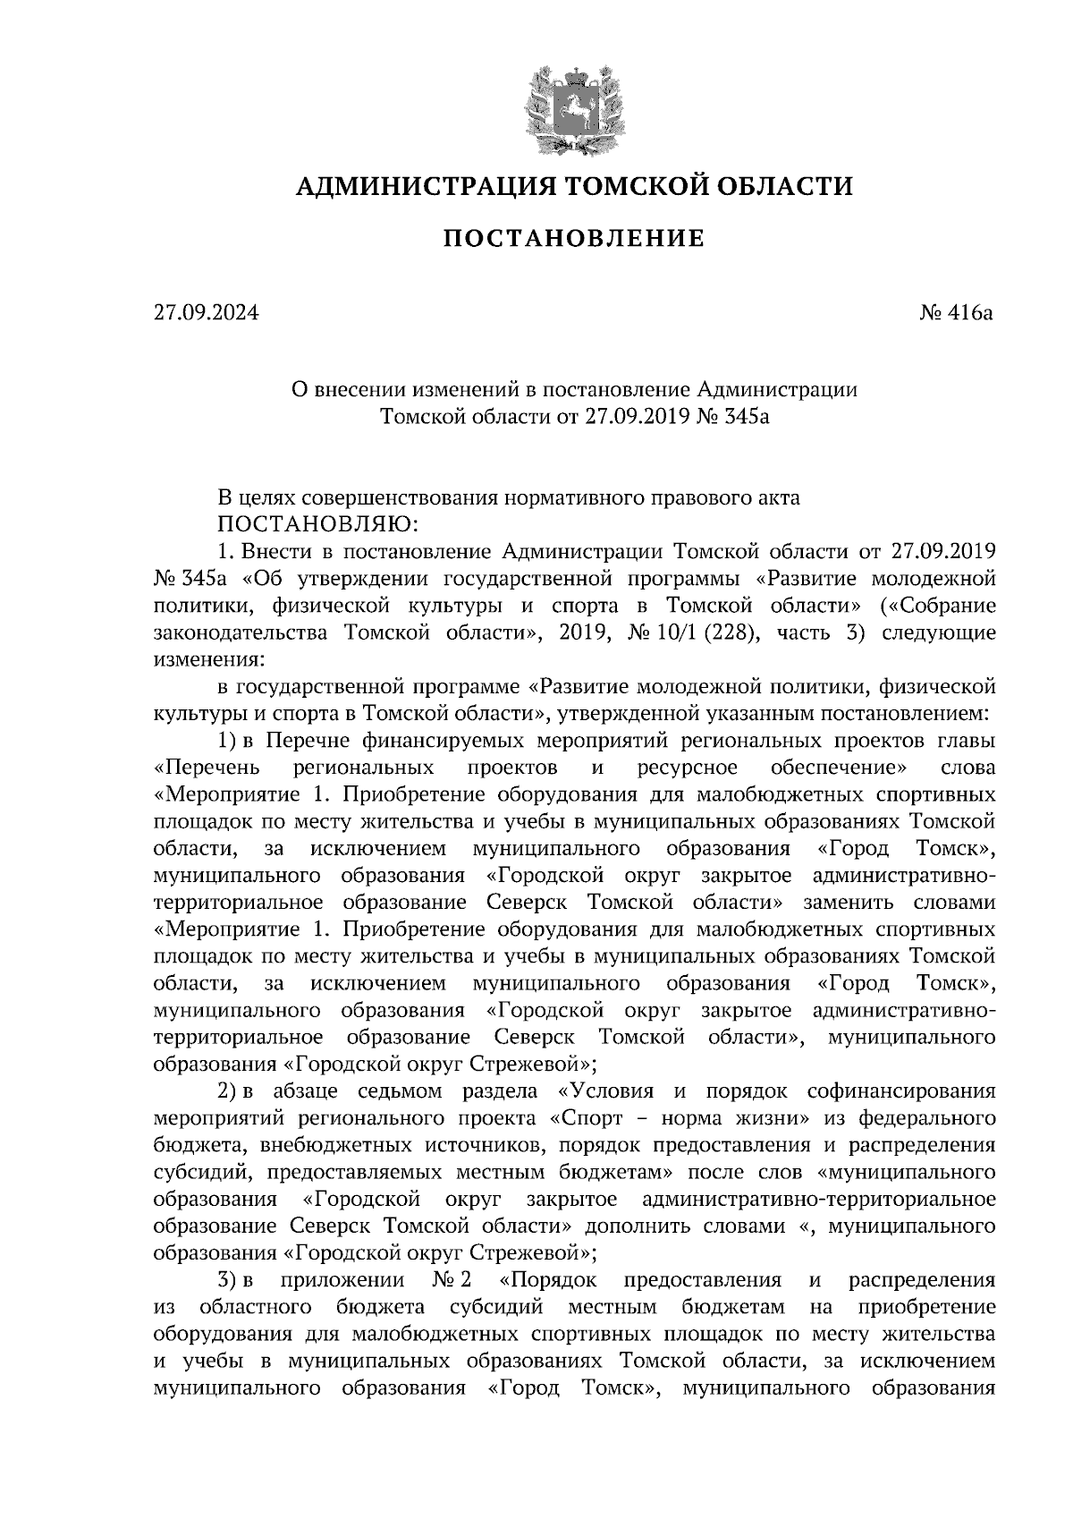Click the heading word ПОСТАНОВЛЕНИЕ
point(575,239)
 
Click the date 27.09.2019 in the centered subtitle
point(636,416)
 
